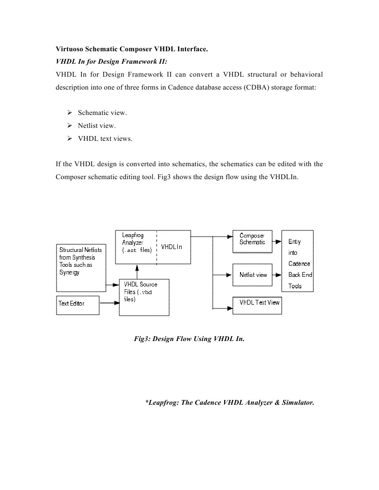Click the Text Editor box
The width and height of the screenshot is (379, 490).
pyautogui.click(x=78, y=305)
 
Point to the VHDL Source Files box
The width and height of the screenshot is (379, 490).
pyautogui.click(x=144, y=297)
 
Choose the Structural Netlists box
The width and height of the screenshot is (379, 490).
pyautogui.click(x=80, y=267)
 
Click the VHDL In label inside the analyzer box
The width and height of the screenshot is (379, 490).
pyautogui.click(x=172, y=247)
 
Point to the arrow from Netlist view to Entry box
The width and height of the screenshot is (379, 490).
pyautogui.click(x=276, y=275)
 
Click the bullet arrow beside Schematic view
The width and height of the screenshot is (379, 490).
pyautogui.click(x=69, y=113)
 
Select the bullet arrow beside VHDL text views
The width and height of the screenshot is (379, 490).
pyautogui.click(x=69, y=139)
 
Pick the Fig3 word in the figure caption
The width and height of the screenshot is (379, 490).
pyautogui.click(x=141, y=339)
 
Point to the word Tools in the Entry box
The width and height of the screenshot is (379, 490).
pyautogui.click(x=295, y=286)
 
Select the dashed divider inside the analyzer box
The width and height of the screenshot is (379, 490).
pyautogui.click(x=157, y=247)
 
